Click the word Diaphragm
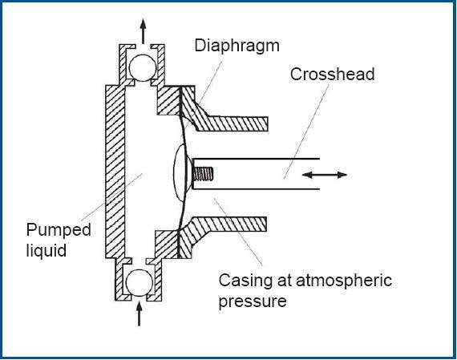[x=237, y=47]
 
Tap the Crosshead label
[x=332, y=74]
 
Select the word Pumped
[x=59, y=230]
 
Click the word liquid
[x=47, y=250]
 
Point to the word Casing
[x=246, y=280]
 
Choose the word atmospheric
[x=344, y=281]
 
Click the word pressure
[x=253, y=301]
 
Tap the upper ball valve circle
[x=143, y=68]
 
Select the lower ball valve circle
[x=140, y=283]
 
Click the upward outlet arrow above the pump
[x=143, y=31]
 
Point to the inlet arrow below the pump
[x=139, y=314]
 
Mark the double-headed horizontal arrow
[x=325, y=175]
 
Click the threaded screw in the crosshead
[x=203, y=174]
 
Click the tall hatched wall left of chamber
[x=115, y=172]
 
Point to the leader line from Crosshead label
[x=306, y=131]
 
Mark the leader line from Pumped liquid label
[x=112, y=197]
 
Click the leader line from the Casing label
[x=238, y=232]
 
